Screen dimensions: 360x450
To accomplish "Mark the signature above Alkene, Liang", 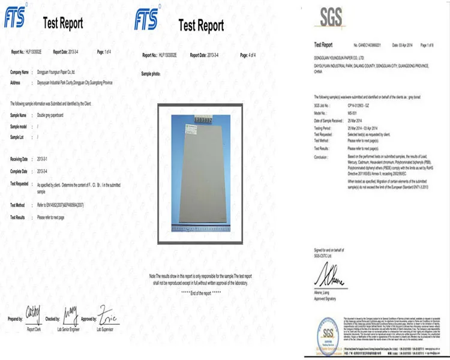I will tap(327, 277).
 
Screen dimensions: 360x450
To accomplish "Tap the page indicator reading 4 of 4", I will tap(248, 55).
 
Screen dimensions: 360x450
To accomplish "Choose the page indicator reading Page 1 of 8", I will tap(427, 45).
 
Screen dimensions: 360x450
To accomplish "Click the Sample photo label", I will tap(151, 73).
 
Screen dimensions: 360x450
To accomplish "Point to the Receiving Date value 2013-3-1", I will tap(44, 159).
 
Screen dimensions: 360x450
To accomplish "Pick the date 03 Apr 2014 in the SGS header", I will tap(402, 45).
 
